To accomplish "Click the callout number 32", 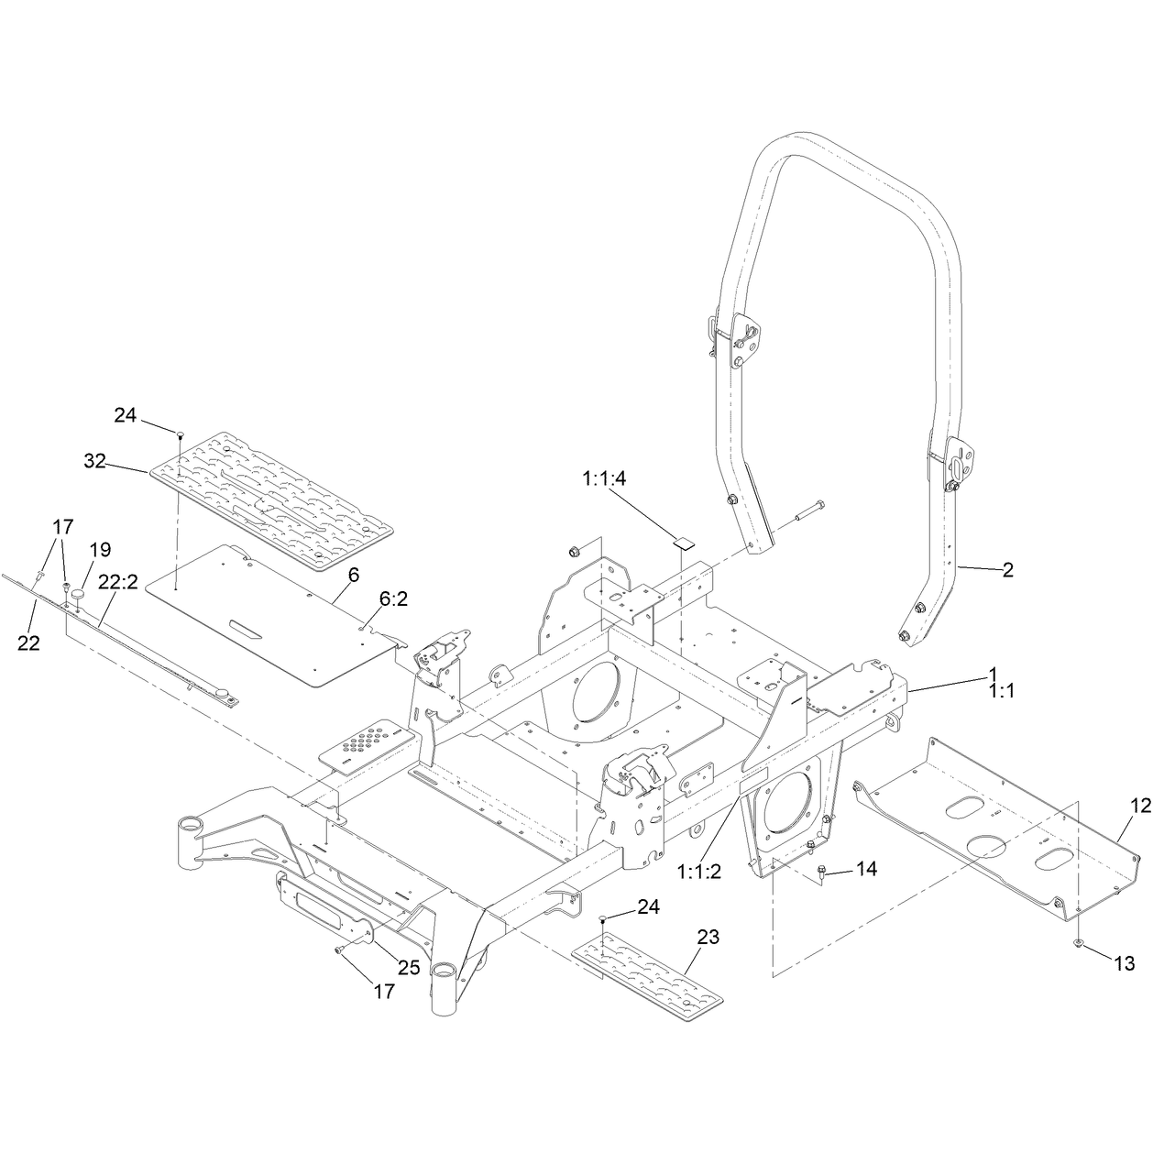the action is coord(95,461).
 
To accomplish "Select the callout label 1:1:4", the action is coord(604,479).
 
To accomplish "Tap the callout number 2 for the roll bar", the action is coord(1008,570).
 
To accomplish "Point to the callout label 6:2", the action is coord(392,598).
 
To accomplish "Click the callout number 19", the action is coord(101,549).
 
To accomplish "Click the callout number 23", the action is coord(708,937).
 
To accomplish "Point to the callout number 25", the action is coord(410,968).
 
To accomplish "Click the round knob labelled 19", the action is coord(80,596).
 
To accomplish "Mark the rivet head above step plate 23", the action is coord(603,917).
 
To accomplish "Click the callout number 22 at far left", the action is coord(28,642).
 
